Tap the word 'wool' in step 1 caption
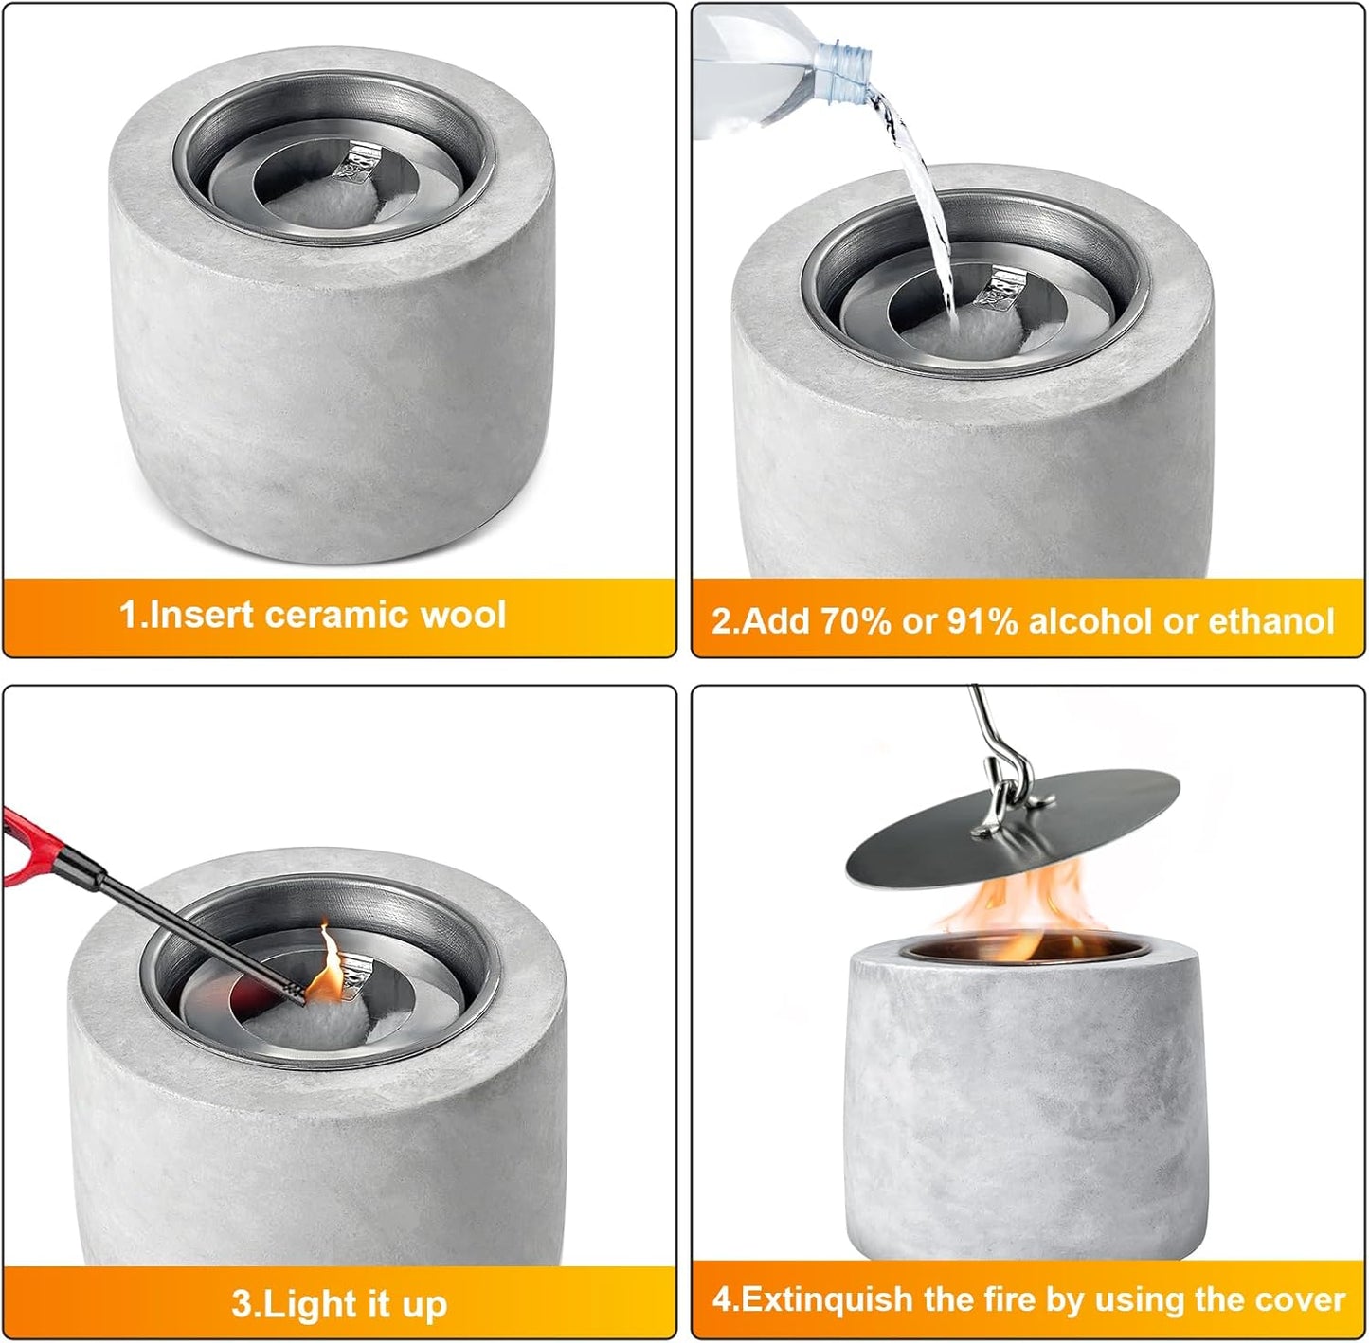click(x=463, y=615)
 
